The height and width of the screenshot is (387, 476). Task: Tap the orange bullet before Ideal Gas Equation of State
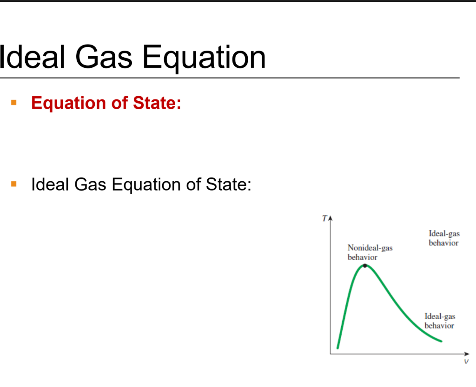(x=14, y=184)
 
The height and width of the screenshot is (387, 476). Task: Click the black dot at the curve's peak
(x=365, y=266)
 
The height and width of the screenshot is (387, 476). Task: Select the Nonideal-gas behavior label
(x=370, y=252)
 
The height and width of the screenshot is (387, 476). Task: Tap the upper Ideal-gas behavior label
(x=443, y=238)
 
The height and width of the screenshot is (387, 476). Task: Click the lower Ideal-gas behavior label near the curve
(x=439, y=321)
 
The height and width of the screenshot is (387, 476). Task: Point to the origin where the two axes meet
(x=331, y=354)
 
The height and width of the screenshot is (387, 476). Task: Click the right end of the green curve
(x=441, y=341)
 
